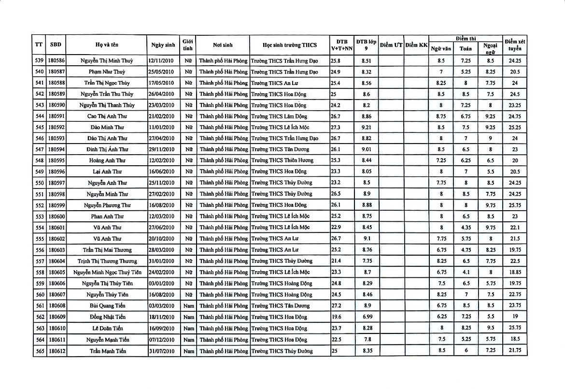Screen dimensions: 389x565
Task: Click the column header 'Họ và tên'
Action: coord(107,45)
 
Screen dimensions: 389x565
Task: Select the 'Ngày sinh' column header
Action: coord(163,45)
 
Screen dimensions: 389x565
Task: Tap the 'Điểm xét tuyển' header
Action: coord(514,45)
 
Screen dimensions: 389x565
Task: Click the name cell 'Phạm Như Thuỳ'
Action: coord(107,72)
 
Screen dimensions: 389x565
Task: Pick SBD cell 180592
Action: coord(56,127)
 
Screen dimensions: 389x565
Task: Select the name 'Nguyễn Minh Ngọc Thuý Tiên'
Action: coord(107,272)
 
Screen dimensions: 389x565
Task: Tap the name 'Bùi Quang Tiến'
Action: coord(107,305)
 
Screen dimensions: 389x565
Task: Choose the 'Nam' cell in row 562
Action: coord(188,317)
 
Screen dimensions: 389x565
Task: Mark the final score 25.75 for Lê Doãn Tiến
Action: coord(514,328)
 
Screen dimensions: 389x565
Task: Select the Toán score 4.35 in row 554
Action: coord(466,228)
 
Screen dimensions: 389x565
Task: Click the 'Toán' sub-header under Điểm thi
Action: coord(466,49)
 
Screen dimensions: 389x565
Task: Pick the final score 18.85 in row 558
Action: coord(514,272)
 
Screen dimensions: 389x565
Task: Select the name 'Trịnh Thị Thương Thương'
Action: coord(107,261)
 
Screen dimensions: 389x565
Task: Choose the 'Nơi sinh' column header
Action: coord(223,45)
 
